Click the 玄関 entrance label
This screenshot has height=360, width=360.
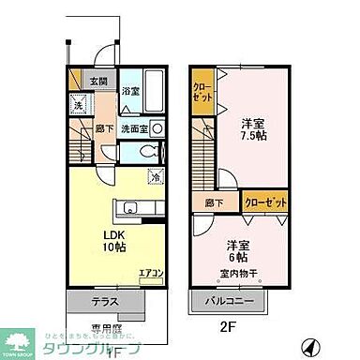pos(97,82)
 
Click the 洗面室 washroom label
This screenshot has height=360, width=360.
pos(133,128)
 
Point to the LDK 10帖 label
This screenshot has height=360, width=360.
pos(114,239)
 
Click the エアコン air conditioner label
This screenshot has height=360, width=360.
pos(150,274)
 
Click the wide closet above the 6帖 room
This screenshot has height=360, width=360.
pos(263,201)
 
